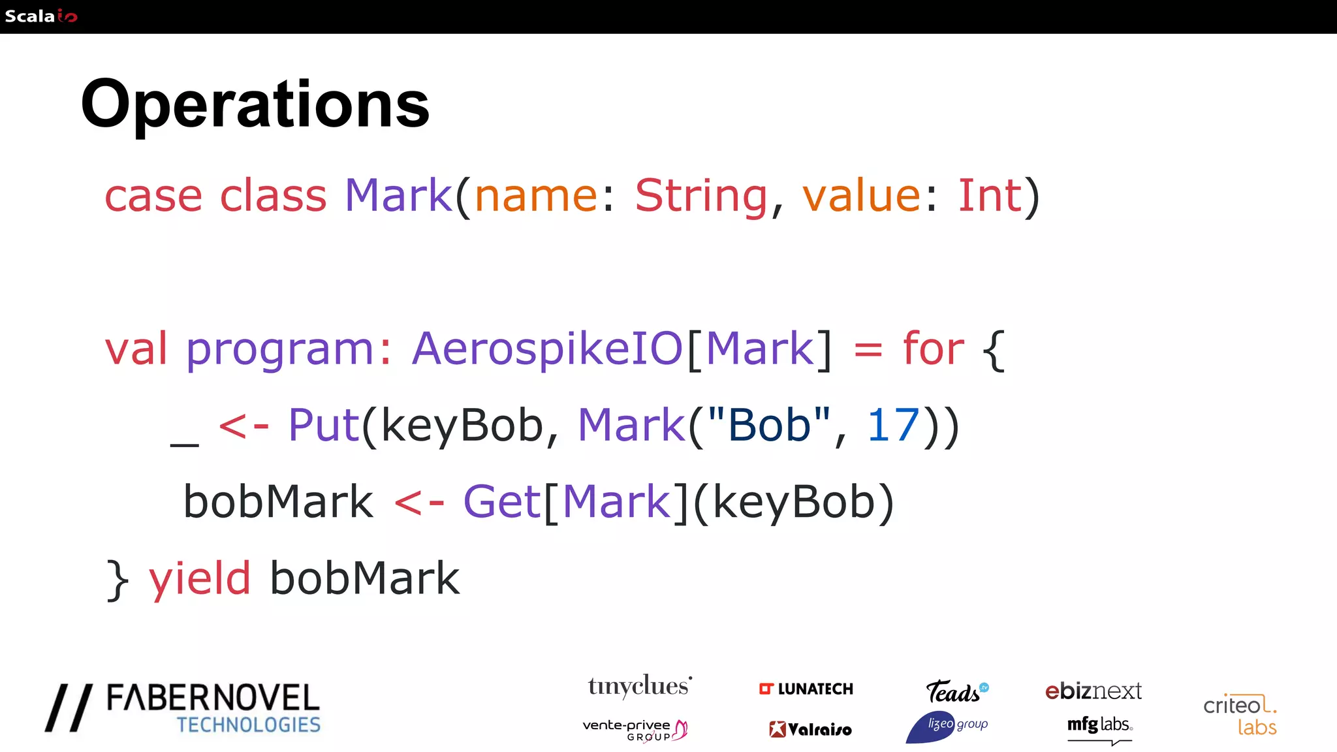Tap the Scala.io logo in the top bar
click(40, 16)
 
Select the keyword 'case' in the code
click(153, 195)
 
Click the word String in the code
click(701, 195)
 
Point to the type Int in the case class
click(989, 195)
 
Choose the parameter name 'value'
click(861, 195)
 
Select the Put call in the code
click(323, 425)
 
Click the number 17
click(892, 425)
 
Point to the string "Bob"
click(769, 425)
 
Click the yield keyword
click(200, 578)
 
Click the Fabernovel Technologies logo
click(183, 708)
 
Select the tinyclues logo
click(639, 687)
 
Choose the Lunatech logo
click(806, 689)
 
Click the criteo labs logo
click(1240, 714)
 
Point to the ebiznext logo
click(1093, 691)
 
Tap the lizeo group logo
click(947, 726)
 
